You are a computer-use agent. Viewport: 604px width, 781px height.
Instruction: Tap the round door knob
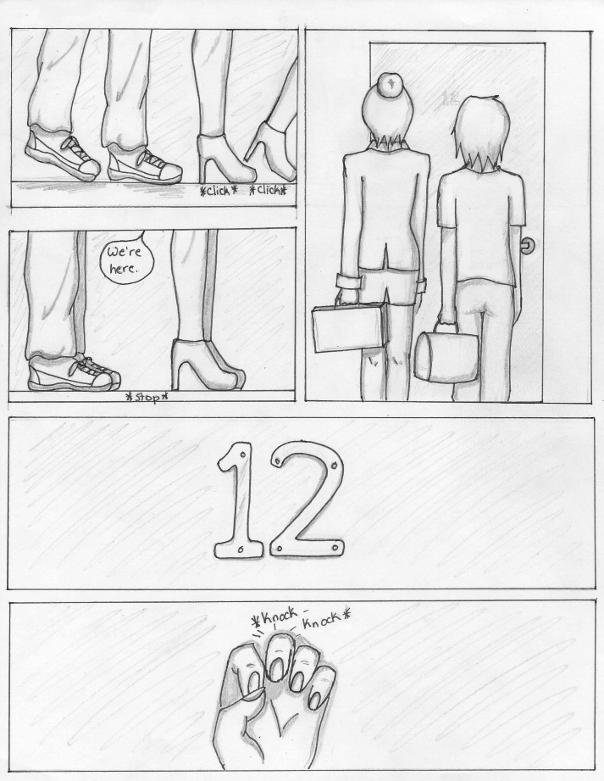coord(526,245)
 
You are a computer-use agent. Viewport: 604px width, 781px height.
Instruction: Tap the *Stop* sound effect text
coord(146,397)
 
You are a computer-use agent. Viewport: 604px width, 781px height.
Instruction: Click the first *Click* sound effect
coord(218,191)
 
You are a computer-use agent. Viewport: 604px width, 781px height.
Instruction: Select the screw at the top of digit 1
coord(242,455)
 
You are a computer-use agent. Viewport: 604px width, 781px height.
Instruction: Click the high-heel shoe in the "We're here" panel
coord(208,365)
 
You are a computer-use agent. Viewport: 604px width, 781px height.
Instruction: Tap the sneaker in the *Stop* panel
coord(74,372)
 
